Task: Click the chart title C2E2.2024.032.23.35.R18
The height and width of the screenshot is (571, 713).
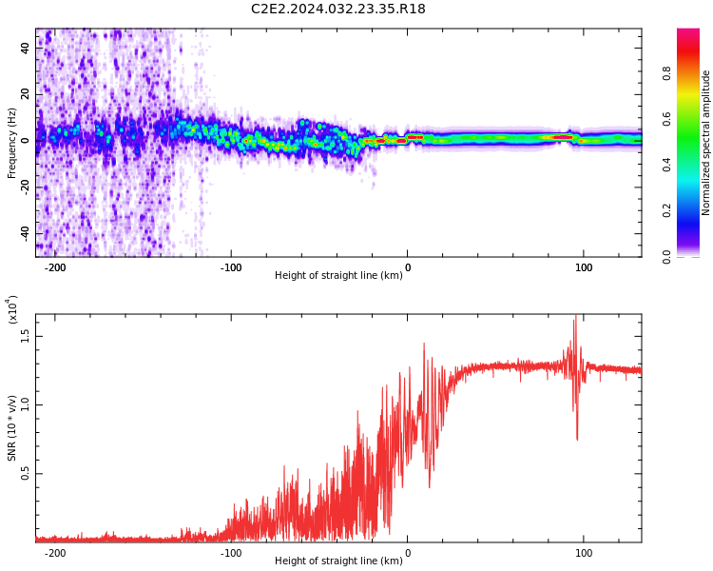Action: point(337,9)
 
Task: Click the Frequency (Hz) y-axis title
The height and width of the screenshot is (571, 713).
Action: point(11,143)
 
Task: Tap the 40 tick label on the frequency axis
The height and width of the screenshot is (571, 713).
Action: point(25,48)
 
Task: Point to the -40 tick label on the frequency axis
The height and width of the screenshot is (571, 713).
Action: point(25,232)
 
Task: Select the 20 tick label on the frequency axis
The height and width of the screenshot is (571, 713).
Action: point(25,94)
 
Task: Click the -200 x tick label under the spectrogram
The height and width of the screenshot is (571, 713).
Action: point(54,267)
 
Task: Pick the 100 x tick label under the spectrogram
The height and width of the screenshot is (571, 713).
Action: point(584,267)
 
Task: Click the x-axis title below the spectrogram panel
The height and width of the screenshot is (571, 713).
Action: point(338,275)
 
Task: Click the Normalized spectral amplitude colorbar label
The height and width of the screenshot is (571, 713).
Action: point(705,143)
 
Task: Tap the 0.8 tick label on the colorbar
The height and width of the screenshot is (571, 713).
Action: point(666,73)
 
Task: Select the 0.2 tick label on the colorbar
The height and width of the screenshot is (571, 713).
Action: point(666,210)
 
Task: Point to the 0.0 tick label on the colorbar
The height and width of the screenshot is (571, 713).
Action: point(666,257)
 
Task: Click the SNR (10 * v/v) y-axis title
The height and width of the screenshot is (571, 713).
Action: point(11,428)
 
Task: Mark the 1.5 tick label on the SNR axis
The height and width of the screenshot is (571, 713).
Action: point(25,337)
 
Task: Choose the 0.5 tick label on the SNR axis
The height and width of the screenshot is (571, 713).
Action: point(25,474)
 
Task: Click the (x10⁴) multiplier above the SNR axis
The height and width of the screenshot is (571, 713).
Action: point(12,309)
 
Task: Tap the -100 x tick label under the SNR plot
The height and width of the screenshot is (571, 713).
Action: point(231,553)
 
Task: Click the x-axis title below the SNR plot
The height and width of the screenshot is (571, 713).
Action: point(338,561)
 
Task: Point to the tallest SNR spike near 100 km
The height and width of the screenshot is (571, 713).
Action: point(576,315)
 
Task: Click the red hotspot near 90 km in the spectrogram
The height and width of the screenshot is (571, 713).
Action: point(563,137)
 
